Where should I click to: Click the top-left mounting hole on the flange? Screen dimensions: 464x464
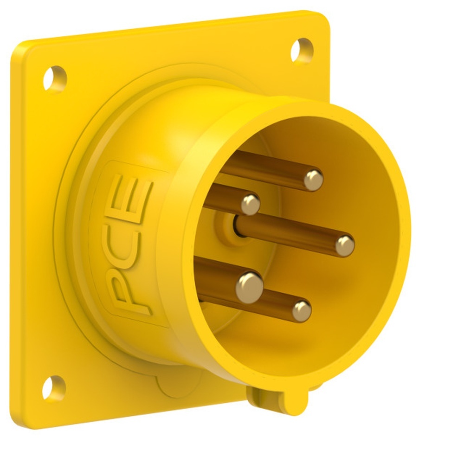pos(55,78)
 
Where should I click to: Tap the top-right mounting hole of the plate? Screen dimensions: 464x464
pos(302,50)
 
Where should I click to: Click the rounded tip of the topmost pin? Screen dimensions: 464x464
pos(314,180)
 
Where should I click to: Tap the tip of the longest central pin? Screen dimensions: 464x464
pos(344,245)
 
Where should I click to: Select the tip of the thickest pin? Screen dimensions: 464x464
pos(249,285)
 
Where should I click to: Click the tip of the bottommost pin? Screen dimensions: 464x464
pos(302,310)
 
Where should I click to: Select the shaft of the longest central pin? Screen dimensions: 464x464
pos(288,234)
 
